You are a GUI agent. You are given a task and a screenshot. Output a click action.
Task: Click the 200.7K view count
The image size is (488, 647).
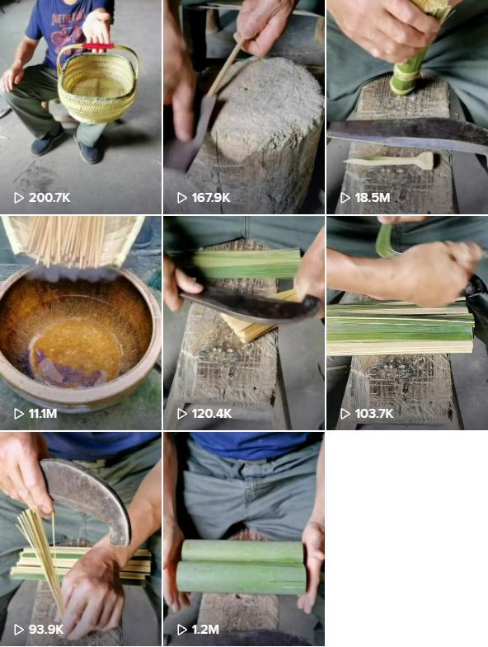49,198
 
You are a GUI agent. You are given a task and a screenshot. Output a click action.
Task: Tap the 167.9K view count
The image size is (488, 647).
210,198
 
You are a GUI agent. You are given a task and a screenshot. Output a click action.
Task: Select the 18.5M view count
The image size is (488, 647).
373,198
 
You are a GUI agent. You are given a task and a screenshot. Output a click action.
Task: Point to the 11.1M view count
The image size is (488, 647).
43,414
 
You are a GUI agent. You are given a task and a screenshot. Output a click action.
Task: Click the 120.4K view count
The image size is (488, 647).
211,414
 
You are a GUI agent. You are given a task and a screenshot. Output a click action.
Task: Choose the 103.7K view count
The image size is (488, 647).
374,414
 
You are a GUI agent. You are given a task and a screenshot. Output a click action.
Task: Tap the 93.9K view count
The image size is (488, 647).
46,629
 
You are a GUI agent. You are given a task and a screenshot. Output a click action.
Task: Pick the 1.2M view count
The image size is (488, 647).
205,629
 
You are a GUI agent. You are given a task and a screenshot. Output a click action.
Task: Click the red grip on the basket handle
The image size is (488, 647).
98,46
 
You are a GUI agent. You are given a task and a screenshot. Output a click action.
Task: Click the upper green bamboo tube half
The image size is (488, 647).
242,552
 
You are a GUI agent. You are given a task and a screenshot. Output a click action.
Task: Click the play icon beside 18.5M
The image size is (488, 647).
345,198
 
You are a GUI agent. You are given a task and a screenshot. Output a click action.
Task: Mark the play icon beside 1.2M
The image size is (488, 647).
181,629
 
